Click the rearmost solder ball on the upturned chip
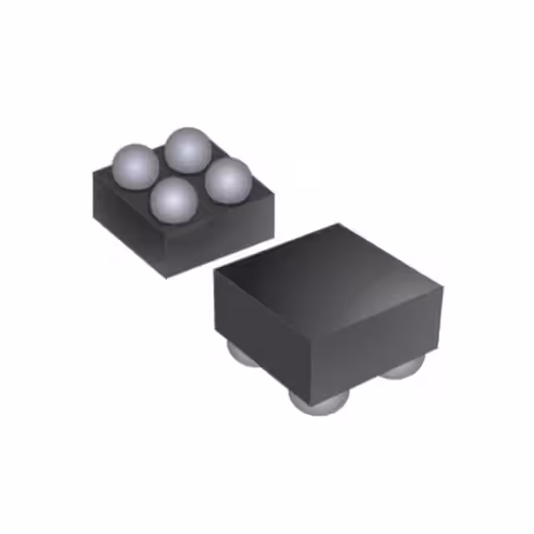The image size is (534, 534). (x=188, y=149)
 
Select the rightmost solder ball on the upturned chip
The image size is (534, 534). (x=228, y=179)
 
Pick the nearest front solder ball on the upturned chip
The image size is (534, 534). (x=174, y=200)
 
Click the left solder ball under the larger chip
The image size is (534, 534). (x=242, y=355)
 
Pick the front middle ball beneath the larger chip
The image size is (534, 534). (x=319, y=402)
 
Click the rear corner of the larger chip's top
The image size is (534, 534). (x=338, y=224)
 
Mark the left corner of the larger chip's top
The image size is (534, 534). (x=214, y=272)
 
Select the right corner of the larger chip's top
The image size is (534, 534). (x=441, y=288)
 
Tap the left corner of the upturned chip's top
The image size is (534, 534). (x=93, y=172)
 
